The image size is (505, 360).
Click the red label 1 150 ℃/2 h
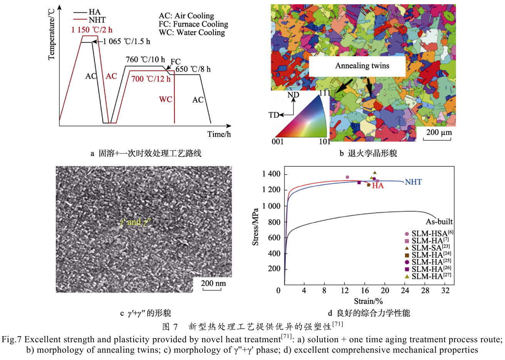[x=92, y=30]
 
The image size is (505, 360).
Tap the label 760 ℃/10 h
[x=145, y=60]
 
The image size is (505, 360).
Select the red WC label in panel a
[x=166, y=99]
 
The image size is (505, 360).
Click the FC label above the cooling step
[x=175, y=62]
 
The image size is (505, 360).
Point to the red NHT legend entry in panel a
[x=97, y=20]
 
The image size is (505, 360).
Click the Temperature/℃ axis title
[x=52, y=35]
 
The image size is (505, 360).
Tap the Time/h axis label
[x=219, y=134]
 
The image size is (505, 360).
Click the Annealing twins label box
[x=362, y=66]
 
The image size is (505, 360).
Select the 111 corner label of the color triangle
[x=325, y=93]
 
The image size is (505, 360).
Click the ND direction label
[x=293, y=95]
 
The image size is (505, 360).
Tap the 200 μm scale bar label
[x=439, y=133]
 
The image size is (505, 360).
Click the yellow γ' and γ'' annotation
[x=134, y=222]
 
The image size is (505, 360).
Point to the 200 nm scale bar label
[x=213, y=283]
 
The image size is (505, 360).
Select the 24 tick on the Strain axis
[x=405, y=291]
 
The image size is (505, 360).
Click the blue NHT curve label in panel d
[x=413, y=182]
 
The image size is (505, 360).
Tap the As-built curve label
[x=439, y=222]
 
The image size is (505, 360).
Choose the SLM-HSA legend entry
[x=429, y=234]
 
